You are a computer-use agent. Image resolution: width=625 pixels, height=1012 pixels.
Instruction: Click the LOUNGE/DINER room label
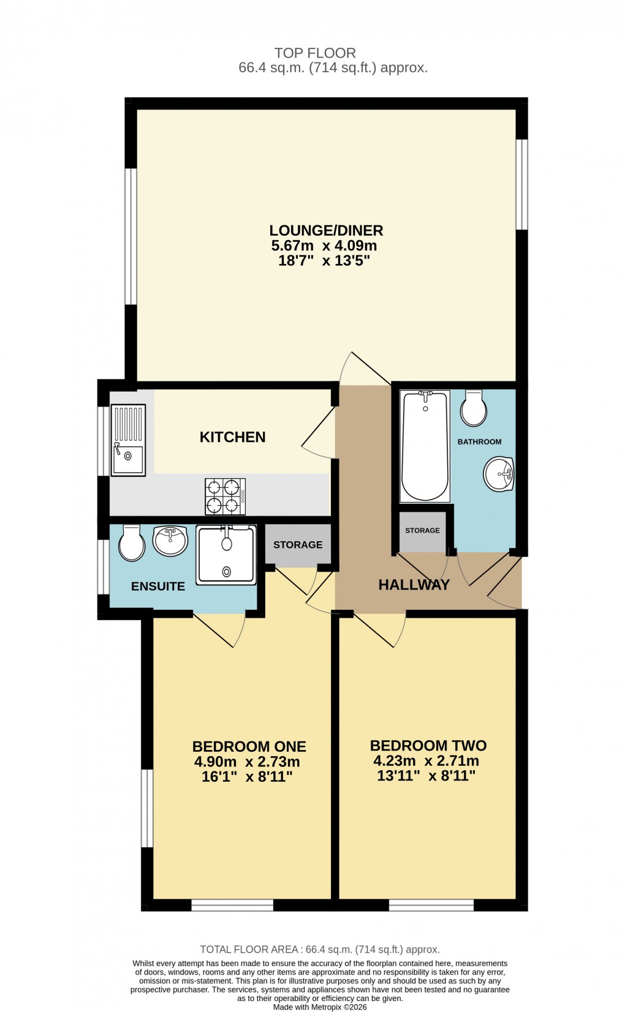click(x=326, y=230)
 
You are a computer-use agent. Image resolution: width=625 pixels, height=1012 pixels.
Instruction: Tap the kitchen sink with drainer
click(x=128, y=440)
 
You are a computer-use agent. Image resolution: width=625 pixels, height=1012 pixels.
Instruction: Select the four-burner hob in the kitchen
click(x=225, y=497)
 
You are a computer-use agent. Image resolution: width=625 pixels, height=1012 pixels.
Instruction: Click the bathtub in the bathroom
click(x=425, y=446)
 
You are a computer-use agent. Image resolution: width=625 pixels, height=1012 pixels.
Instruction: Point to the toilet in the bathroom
click(x=473, y=409)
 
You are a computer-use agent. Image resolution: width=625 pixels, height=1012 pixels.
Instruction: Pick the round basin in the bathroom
click(x=498, y=474)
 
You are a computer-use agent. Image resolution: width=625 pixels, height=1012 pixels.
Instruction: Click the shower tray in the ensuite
click(x=226, y=554)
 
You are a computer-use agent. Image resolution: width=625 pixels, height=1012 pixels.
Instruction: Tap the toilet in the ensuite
click(x=131, y=543)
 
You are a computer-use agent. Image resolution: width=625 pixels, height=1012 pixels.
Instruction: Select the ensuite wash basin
click(x=170, y=541)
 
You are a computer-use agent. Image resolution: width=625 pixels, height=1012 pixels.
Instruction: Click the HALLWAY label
click(x=414, y=585)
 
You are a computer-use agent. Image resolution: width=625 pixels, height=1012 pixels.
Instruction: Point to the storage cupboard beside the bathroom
click(x=422, y=530)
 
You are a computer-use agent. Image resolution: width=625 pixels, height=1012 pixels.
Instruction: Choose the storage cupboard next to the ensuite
click(x=298, y=544)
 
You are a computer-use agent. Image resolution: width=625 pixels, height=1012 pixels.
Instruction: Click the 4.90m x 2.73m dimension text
click(x=247, y=762)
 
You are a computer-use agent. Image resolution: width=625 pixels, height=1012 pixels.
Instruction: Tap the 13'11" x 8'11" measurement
click(x=426, y=776)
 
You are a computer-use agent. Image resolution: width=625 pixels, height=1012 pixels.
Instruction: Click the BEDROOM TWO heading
click(x=428, y=746)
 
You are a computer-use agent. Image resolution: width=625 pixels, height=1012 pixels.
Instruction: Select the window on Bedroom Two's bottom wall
click(x=431, y=904)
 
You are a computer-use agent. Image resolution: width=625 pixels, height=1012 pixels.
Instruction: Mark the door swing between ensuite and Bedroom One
click(x=224, y=629)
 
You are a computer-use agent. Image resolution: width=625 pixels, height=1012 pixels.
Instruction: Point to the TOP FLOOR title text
click(x=315, y=53)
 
